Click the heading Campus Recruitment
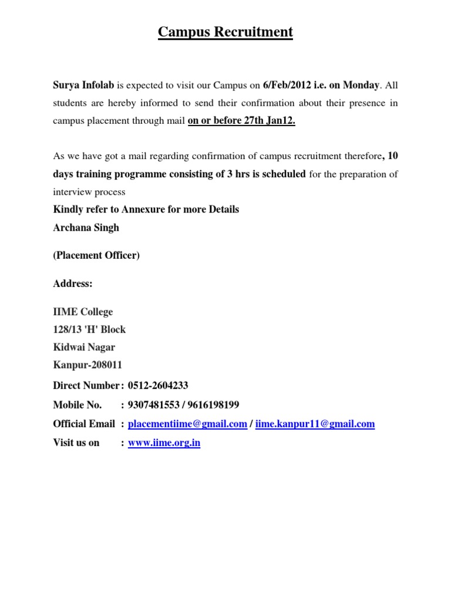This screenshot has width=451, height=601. pyautogui.click(x=225, y=32)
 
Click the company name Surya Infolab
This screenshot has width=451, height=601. pyautogui.click(x=83, y=85)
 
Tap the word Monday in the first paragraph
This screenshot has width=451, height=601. pyautogui.click(x=361, y=85)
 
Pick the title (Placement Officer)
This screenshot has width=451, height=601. pyautogui.click(x=96, y=255)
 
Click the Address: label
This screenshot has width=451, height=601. pyautogui.click(x=73, y=283)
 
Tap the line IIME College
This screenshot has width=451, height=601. pyautogui.click(x=83, y=312)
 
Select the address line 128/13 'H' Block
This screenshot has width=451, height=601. pyautogui.click(x=89, y=329)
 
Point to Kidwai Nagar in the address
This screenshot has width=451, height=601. pyautogui.click(x=84, y=347)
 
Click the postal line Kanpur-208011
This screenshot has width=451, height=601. pyautogui.click(x=87, y=364)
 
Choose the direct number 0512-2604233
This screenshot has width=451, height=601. pyautogui.click(x=158, y=386)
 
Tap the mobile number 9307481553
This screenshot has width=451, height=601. pyautogui.click(x=153, y=405)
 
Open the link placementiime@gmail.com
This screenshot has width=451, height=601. pyautogui.click(x=187, y=424)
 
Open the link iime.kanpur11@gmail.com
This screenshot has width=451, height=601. pyautogui.click(x=315, y=424)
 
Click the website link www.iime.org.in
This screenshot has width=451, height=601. pyautogui.click(x=164, y=443)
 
